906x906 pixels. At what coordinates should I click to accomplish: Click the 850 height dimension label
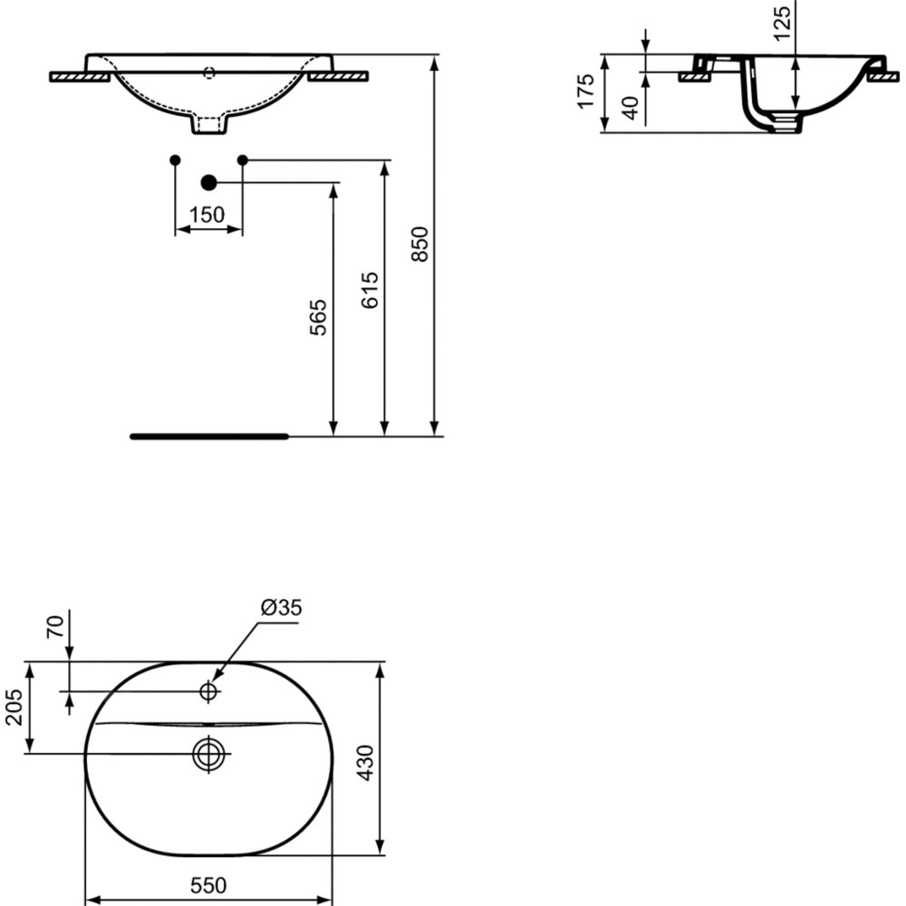(420, 244)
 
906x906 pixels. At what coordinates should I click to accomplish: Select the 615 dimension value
(370, 290)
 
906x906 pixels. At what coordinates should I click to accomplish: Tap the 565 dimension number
(318, 317)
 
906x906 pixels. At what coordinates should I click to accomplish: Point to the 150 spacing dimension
(207, 215)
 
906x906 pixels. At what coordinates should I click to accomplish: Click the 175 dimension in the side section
(586, 91)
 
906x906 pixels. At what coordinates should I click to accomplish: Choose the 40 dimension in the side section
(632, 108)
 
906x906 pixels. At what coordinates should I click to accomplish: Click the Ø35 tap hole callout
(282, 607)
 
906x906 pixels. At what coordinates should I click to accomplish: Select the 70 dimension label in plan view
(55, 627)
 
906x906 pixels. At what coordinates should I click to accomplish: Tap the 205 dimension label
(14, 708)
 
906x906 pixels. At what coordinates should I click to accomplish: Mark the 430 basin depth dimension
(365, 763)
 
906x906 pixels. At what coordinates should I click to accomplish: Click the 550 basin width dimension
(208, 885)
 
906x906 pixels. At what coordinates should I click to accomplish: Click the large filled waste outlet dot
(208, 183)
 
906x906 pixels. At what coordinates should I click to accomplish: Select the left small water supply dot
(175, 159)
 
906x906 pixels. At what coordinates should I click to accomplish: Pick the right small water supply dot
(243, 159)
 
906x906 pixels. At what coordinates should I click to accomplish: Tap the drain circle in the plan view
(208, 754)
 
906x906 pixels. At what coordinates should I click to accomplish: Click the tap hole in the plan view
(208, 690)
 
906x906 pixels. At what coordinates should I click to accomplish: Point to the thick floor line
(209, 437)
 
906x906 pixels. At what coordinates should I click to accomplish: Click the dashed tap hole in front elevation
(209, 72)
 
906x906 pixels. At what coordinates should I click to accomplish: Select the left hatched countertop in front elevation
(80, 77)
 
